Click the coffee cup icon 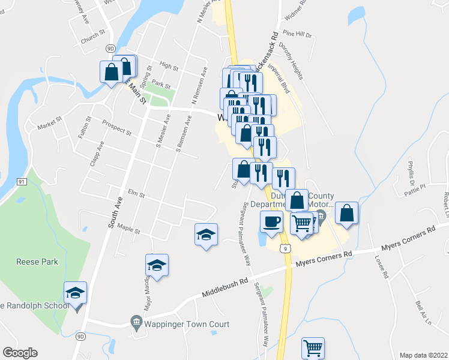pos(271,221)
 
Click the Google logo pos(20,353)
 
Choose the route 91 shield pos(21,181)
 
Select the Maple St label pos(128,229)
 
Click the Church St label pos(92,42)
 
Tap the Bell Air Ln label pos(423,313)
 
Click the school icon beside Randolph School pos(75,293)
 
